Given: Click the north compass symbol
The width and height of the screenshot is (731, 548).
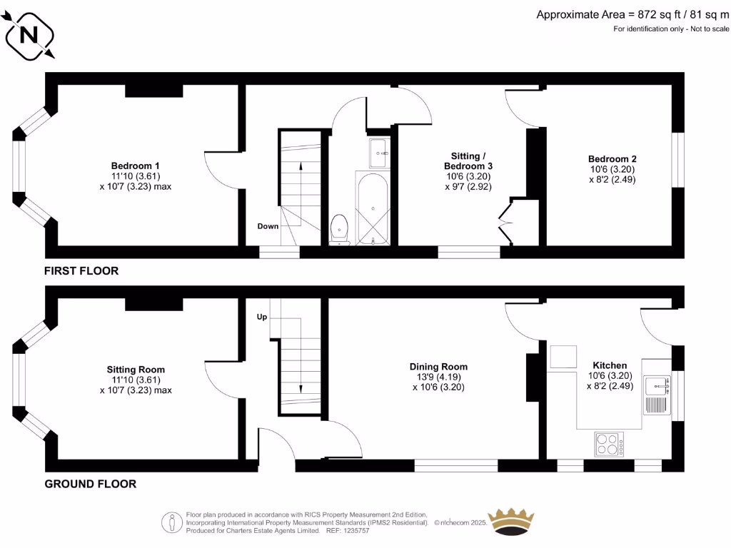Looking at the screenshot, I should pyautogui.click(x=29, y=34).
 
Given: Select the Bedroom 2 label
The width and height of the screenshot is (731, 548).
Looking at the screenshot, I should pyautogui.click(x=612, y=159).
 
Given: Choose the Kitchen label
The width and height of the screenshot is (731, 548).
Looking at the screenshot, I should pyautogui.click(x=609, y=365).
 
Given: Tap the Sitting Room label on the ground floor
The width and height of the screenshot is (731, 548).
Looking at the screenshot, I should pyautogui.click(x=136, y=370).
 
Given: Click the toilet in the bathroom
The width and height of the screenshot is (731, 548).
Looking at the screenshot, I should pyautogui.click(x=340, y=228).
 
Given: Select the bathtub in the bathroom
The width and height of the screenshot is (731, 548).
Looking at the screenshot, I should pyautogui.click(x=372, y=207).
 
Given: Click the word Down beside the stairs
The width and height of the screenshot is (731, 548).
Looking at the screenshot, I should pyautogui.click(x=268, y=226).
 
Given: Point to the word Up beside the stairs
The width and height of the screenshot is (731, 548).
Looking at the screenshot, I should pyautogui.click(x=262, y=317).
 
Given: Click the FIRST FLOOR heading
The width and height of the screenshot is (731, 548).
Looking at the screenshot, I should pyautogui.click(x=81, y=271).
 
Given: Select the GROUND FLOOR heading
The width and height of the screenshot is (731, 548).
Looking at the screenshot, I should pyautogui.click(x=91, y=484).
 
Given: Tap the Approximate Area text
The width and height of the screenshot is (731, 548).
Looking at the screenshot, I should pyautogui.click(x=632, y=14).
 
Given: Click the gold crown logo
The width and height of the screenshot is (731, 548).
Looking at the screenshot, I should pyautogui.click(x=510, y=522).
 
